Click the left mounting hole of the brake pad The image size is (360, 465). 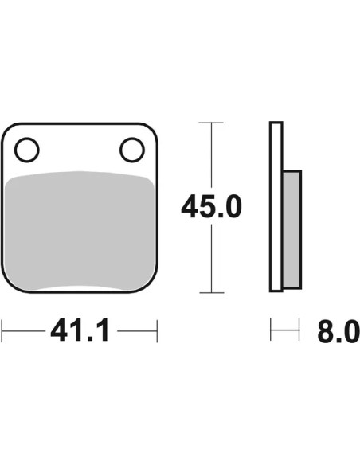pyautogui.click(x=27, y=150)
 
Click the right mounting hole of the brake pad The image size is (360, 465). pyautogui.click(x=132, y=150)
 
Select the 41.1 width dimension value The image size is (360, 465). pyautogui.click(x=80, y=330)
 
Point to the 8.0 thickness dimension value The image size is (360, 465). pyautogui.click(x=338, y=330)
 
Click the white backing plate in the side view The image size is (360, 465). pyautogui.click(x=276, y=207)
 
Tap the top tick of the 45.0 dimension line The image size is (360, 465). pyautogui.click(x=211, y=123)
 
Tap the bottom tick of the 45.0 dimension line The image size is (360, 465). pyautogui.click(x=211, y=293)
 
